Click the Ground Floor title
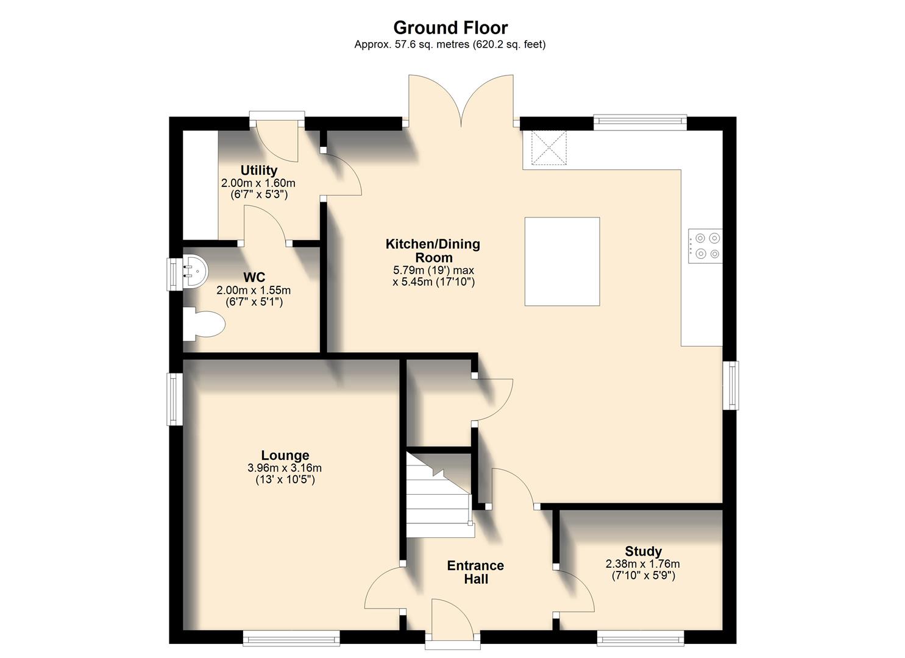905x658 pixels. point(450,28)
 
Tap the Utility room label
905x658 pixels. point(258,171)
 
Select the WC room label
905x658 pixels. point(253,278)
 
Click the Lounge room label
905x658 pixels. point(285,455)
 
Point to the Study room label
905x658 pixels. point(643,552)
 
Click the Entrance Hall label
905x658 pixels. point(475,572)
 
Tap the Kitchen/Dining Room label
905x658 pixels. point(433,250)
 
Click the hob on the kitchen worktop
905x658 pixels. point(705,246)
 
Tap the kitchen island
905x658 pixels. point(562,261)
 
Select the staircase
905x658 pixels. point(438,497)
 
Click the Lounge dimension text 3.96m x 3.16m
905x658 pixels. point(285,469)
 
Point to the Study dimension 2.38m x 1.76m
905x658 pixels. point(643,564)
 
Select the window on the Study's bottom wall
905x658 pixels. point(640,638)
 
